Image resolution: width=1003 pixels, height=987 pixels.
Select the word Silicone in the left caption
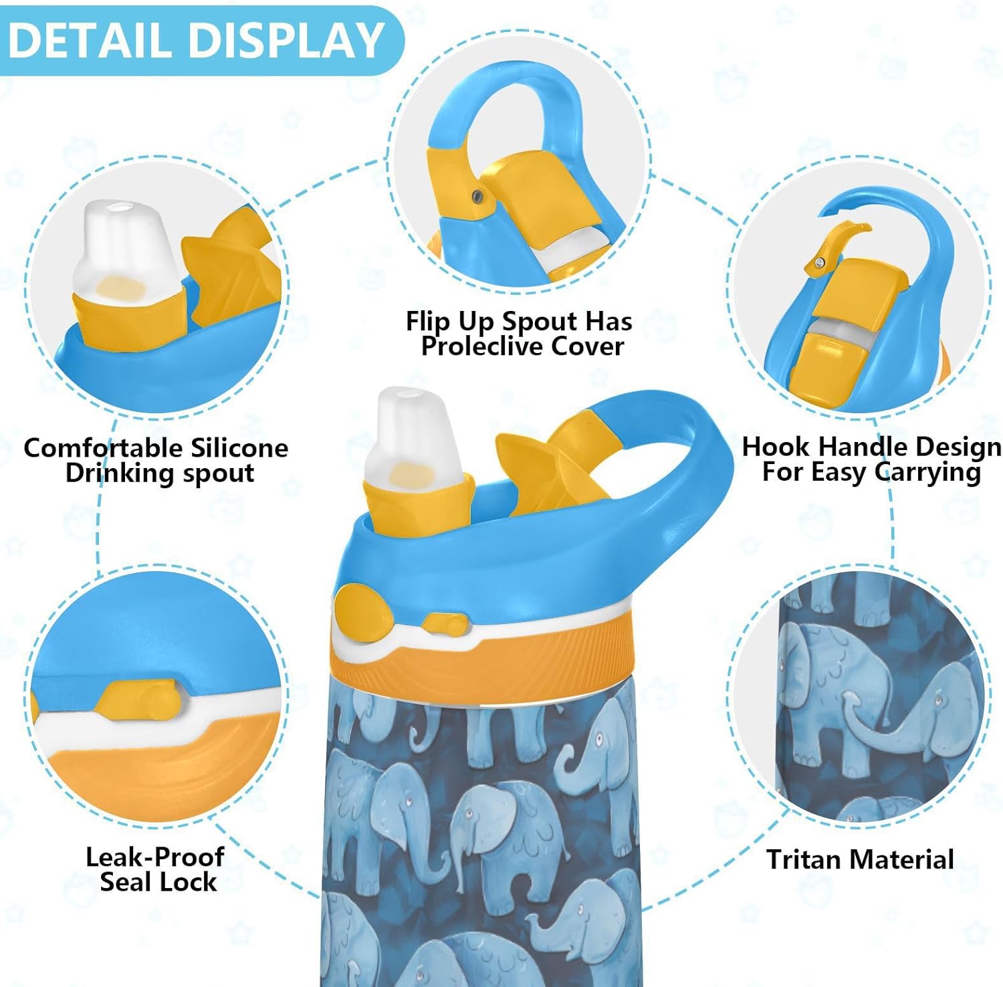coord(239,447)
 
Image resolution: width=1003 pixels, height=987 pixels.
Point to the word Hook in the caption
coord(777,446)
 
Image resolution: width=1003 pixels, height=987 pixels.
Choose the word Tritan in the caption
coord(805,859)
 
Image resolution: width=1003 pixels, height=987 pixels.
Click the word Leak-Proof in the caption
coord(155,857)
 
